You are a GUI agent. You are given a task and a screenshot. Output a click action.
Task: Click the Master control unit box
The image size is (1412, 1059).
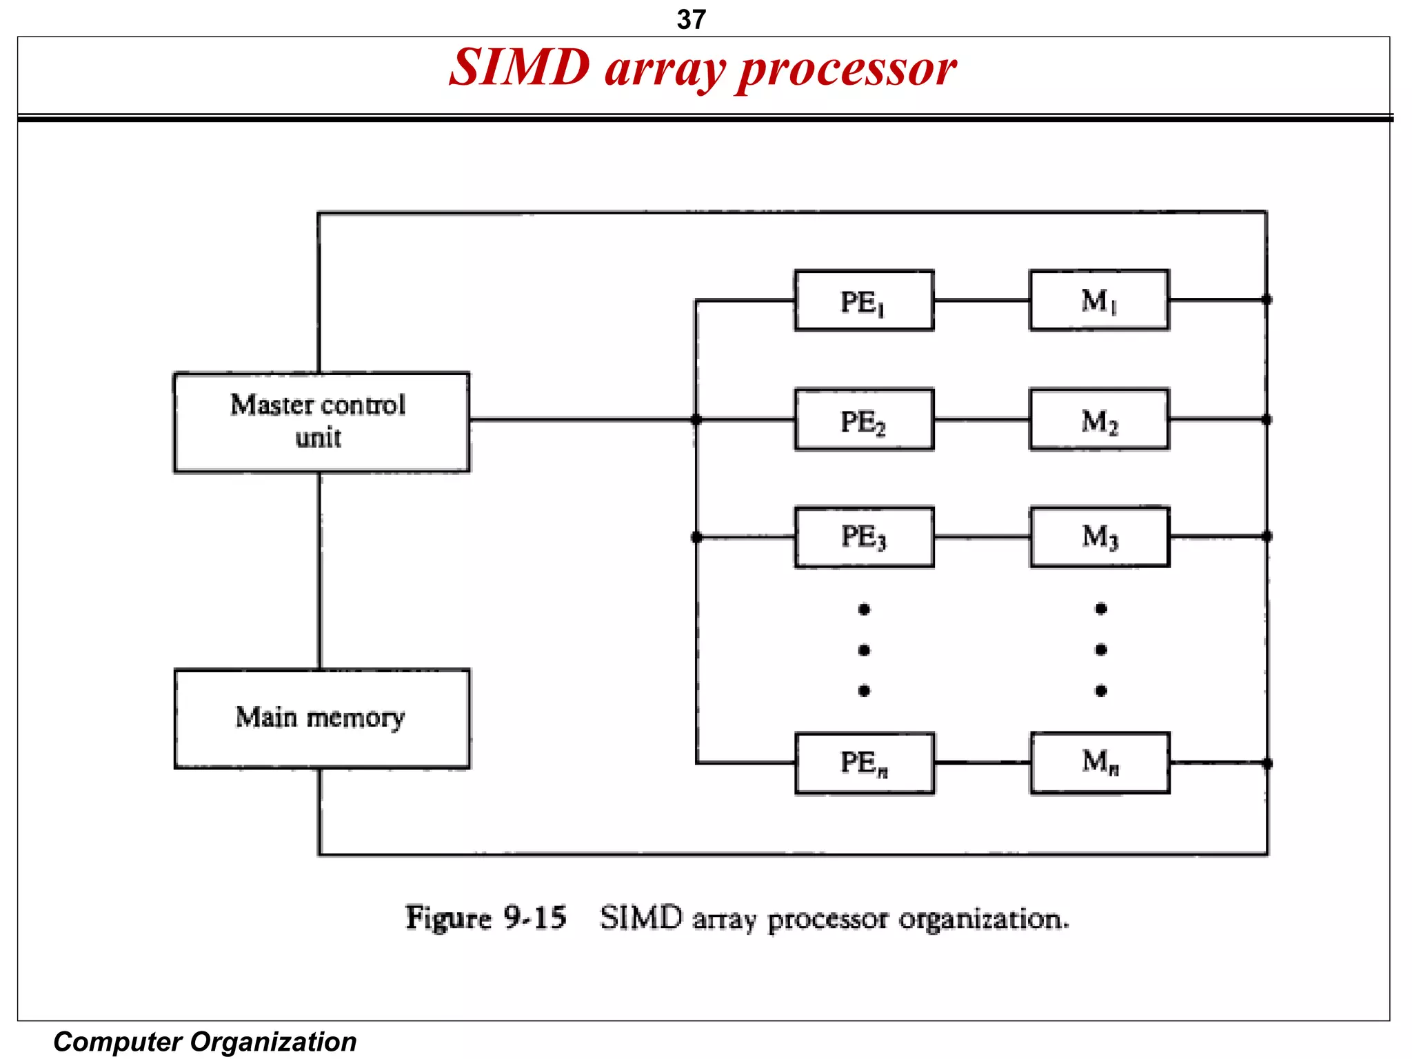click(321, 422)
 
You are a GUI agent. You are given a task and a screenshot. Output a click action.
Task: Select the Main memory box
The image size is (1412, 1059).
click(321, 718)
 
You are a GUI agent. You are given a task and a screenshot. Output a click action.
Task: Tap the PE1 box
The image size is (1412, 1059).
click(864, 301)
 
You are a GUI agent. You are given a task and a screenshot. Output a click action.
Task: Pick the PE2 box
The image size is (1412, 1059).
click(864, 420)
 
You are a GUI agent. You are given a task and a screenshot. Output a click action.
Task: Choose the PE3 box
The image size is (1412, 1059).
click(864, 537)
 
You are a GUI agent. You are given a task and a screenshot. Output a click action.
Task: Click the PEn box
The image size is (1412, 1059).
click(865, 763)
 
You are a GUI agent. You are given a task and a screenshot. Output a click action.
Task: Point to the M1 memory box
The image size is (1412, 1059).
click(1099, 301)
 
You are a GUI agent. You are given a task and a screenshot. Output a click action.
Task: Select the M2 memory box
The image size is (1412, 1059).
click(1099, 420)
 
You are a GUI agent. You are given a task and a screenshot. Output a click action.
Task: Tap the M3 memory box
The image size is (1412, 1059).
click(1100, 537)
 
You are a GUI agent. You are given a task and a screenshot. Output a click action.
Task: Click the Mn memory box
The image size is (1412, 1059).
click(1100, 763)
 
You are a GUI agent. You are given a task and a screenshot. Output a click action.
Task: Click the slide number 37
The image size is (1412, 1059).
click(691, 19)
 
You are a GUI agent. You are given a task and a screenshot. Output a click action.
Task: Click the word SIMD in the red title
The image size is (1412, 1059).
click(519, 68)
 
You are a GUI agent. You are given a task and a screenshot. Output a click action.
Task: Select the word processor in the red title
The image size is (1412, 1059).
click(847, 70)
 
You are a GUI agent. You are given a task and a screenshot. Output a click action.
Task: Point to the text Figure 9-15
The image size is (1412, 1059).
click(485, 918)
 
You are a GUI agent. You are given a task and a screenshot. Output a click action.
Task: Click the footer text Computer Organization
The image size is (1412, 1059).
click(205, 1041)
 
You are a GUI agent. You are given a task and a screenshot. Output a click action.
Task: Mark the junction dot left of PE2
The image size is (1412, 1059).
click(696, 419)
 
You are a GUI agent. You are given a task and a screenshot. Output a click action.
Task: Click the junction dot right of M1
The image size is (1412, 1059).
click(1267, 299)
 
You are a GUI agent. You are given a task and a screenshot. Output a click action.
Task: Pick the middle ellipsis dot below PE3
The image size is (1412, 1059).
click(864, 649)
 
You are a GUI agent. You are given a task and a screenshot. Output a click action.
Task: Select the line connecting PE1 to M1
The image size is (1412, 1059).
click(981, 301)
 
